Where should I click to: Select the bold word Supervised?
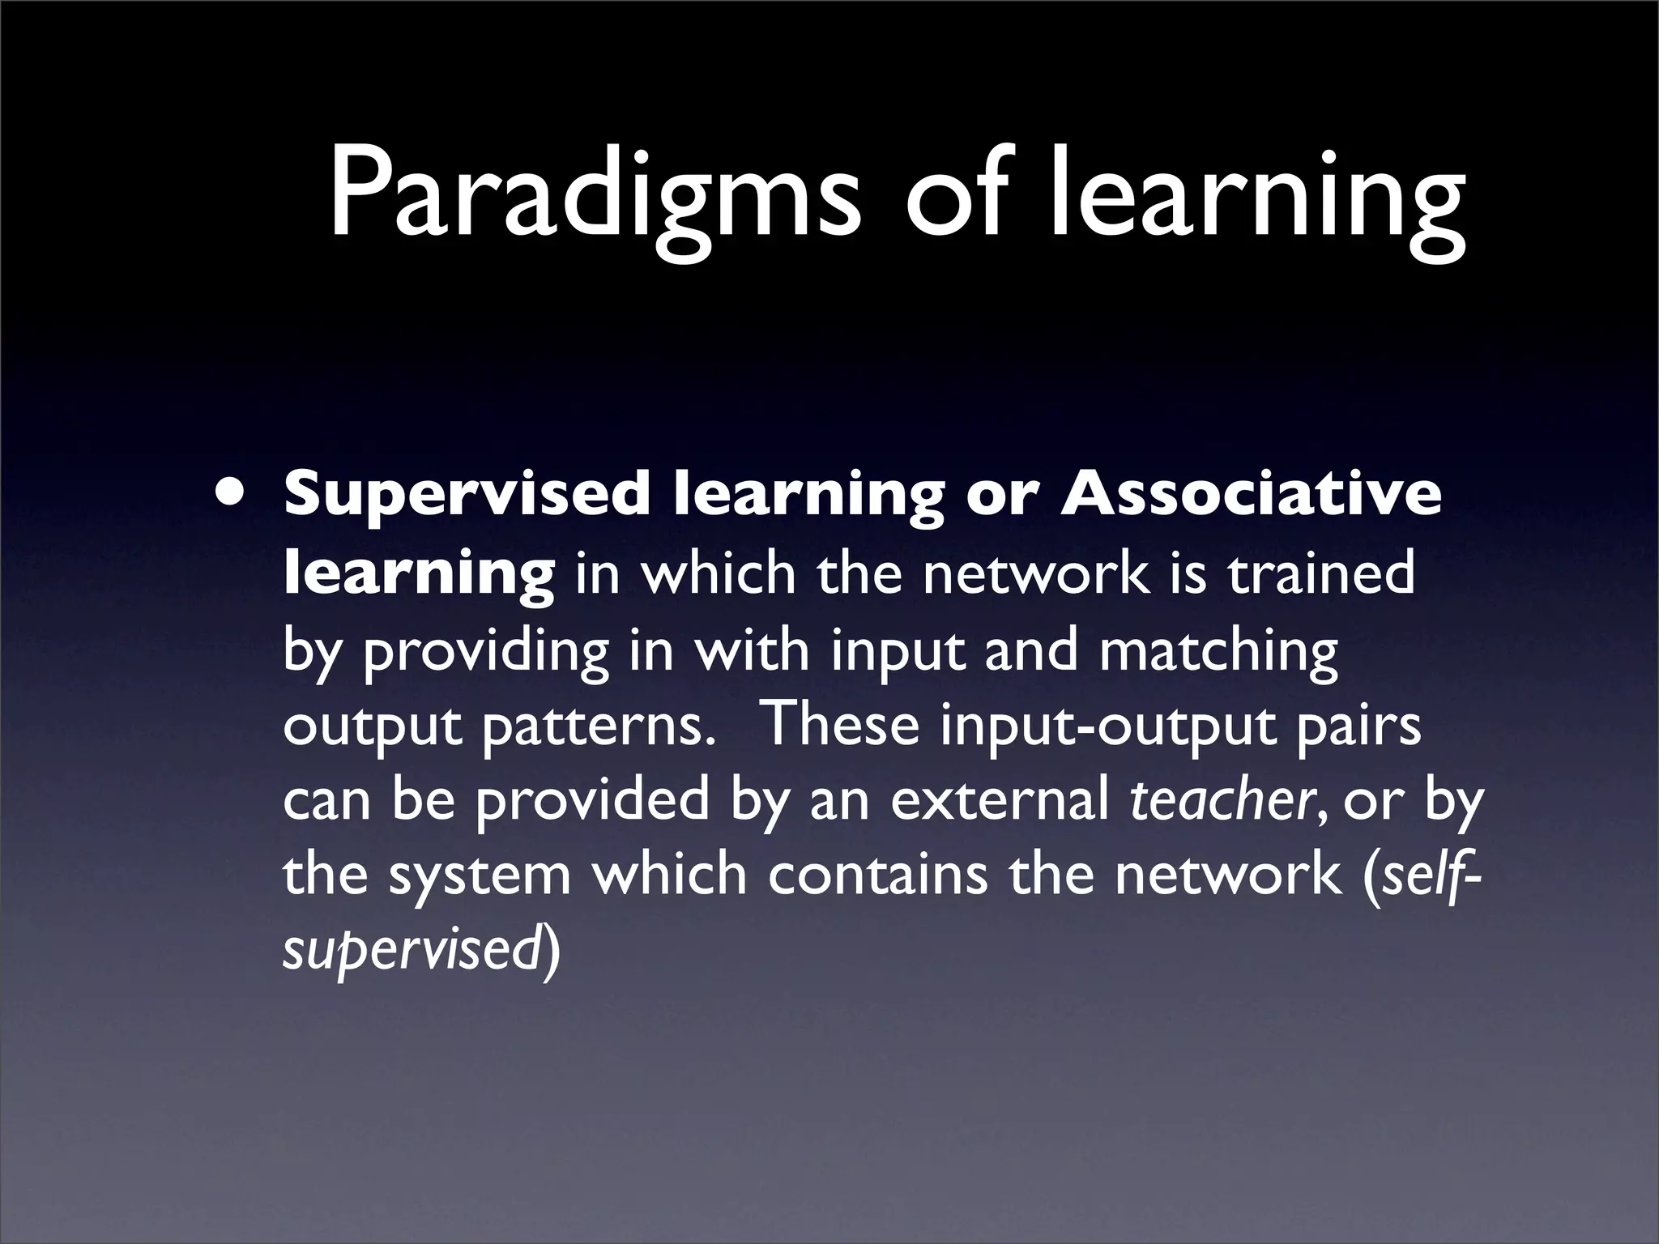(467, 495)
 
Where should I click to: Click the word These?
(842, 724)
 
